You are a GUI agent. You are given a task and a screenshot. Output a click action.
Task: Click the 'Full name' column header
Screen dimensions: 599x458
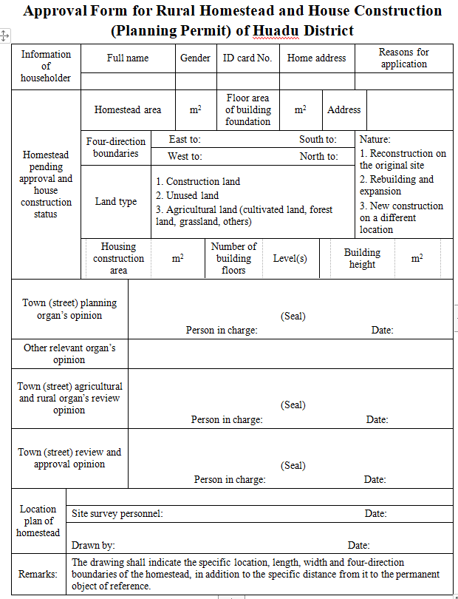127,58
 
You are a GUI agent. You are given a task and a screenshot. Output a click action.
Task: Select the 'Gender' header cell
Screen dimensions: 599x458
195,58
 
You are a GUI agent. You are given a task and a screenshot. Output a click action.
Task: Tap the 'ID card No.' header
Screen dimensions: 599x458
247,58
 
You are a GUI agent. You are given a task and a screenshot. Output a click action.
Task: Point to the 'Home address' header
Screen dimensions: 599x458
316,58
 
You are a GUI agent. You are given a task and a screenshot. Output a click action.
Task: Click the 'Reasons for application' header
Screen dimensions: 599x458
403,58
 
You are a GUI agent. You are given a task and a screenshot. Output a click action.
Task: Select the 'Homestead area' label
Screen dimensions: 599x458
128,109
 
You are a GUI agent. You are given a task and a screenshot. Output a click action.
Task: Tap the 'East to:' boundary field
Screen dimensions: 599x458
185,139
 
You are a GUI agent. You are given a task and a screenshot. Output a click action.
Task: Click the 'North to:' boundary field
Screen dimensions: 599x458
319,156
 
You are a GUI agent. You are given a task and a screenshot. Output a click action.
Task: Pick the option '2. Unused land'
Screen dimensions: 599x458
187,195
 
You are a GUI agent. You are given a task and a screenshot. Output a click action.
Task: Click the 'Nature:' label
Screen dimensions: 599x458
375,139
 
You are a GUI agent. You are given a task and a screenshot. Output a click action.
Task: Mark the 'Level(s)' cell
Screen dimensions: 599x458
290,259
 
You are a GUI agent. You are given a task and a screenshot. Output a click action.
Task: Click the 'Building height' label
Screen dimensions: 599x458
362,258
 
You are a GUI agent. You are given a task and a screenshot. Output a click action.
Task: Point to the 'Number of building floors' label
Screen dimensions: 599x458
233,258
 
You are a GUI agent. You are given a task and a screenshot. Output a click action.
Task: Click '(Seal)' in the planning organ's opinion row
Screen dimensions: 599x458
293,316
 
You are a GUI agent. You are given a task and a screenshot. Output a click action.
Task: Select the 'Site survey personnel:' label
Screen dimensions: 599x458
117,513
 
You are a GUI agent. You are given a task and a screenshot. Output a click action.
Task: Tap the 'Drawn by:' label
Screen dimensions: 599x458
93,545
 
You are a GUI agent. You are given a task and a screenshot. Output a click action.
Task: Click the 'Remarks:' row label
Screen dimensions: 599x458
38,574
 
